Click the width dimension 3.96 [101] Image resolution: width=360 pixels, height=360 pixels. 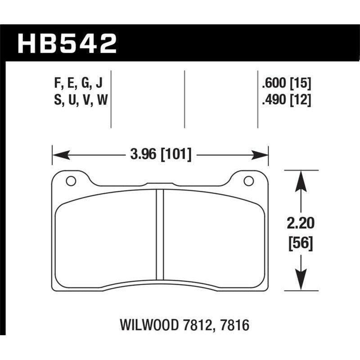160,155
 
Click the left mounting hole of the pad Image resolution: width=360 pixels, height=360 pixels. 70,181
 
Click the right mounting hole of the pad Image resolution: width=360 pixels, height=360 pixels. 247,181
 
